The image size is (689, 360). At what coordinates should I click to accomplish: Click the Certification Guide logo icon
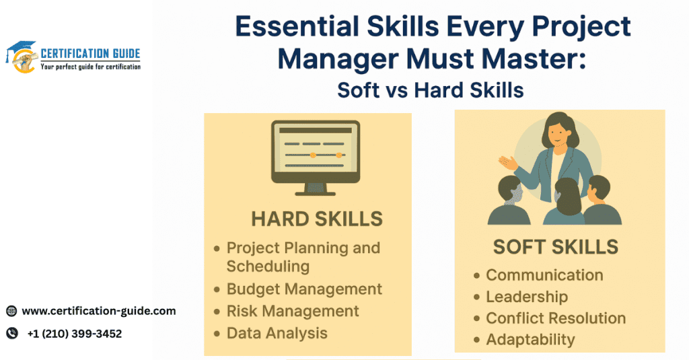22,57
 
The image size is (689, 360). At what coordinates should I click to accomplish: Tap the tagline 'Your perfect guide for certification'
90,67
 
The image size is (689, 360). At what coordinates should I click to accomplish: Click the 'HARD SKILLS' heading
317,219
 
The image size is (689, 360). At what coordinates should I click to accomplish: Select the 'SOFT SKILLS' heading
555,247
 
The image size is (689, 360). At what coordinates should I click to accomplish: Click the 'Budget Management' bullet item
304,289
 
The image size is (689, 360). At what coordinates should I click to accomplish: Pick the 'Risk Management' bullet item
293,311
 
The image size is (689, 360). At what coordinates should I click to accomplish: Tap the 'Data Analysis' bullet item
277,332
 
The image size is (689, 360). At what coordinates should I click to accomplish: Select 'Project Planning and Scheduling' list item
303,256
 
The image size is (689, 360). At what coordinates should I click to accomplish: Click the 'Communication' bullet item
544,275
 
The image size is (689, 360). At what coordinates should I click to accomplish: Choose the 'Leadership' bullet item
527,297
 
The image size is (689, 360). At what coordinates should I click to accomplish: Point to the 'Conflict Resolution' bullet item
556,318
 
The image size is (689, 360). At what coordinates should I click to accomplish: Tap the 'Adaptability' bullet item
530,340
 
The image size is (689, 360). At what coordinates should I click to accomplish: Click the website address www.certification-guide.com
99,311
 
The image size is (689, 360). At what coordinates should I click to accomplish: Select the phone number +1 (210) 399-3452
75,334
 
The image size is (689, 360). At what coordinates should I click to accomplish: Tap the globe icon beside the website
11,311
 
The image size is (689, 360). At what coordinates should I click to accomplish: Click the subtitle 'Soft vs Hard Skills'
431,90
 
